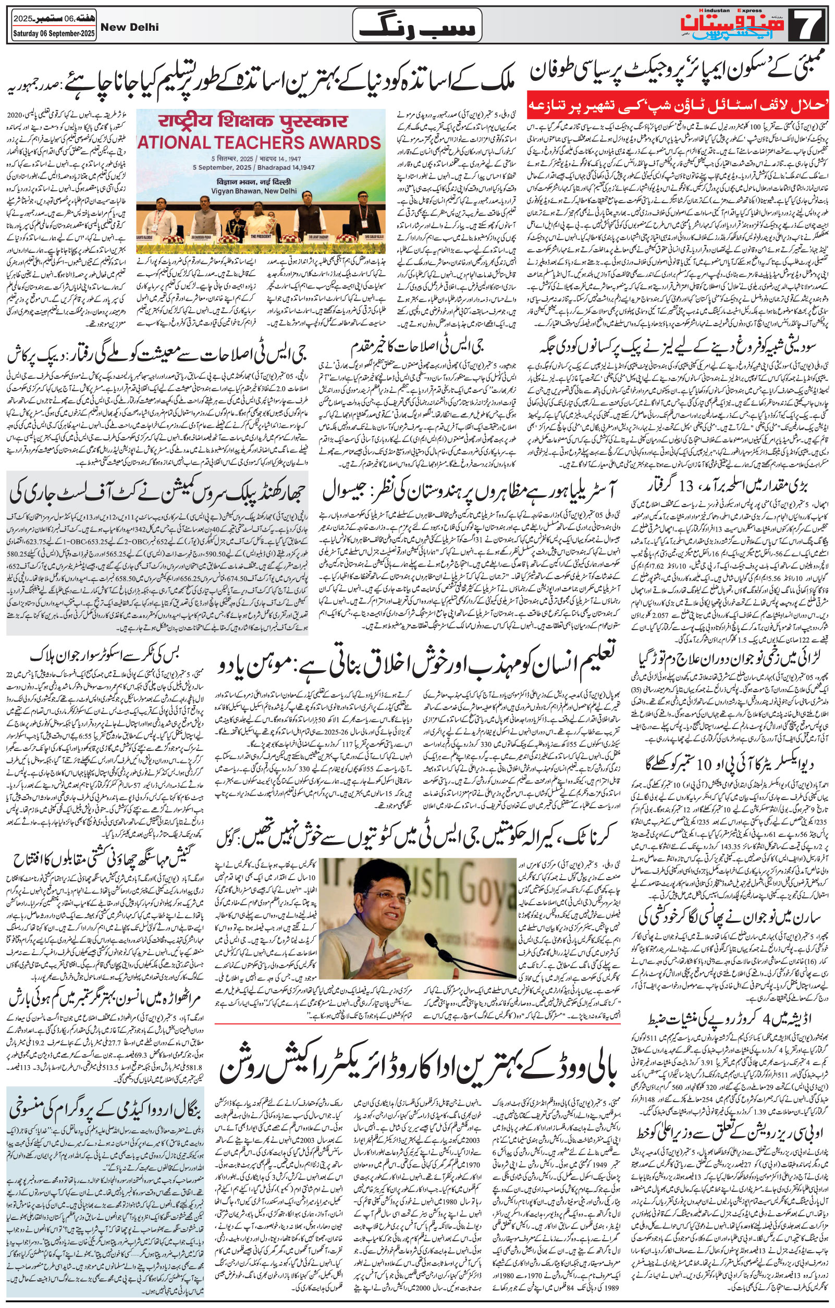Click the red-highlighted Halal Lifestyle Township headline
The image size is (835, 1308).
pos(677,105)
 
